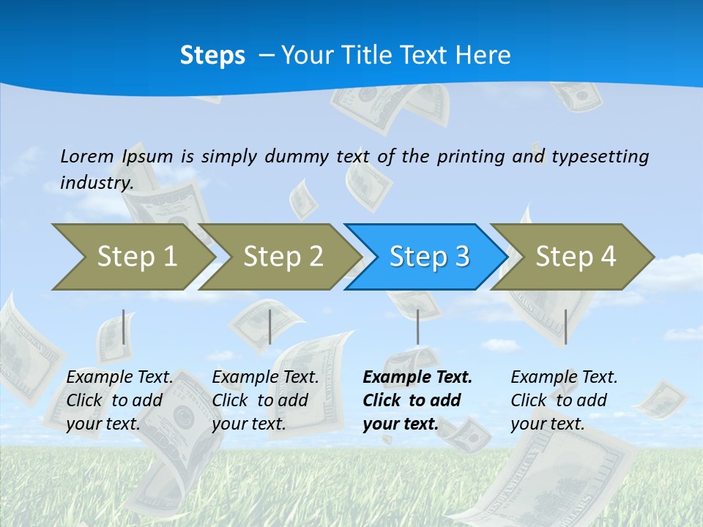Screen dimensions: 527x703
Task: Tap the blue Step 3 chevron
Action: point(429,256)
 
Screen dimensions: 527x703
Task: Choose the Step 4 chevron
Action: point(576,256)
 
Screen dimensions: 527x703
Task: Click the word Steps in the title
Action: point(212,56)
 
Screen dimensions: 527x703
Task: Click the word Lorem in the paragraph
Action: point(87,156)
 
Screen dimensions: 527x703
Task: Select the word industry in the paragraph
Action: point(96,182)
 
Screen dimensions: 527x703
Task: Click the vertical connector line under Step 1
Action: point(124,326)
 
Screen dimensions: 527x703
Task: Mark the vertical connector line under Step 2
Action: point(270,326)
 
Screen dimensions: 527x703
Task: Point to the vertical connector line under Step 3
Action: point(417,326)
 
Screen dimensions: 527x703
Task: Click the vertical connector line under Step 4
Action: point(565,326)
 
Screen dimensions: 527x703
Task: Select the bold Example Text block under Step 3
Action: point(417,400)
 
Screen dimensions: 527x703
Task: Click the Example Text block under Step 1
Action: point(119,400)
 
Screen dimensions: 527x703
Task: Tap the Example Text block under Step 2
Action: point(265,400)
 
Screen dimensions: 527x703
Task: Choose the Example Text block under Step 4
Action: point(564,400)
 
